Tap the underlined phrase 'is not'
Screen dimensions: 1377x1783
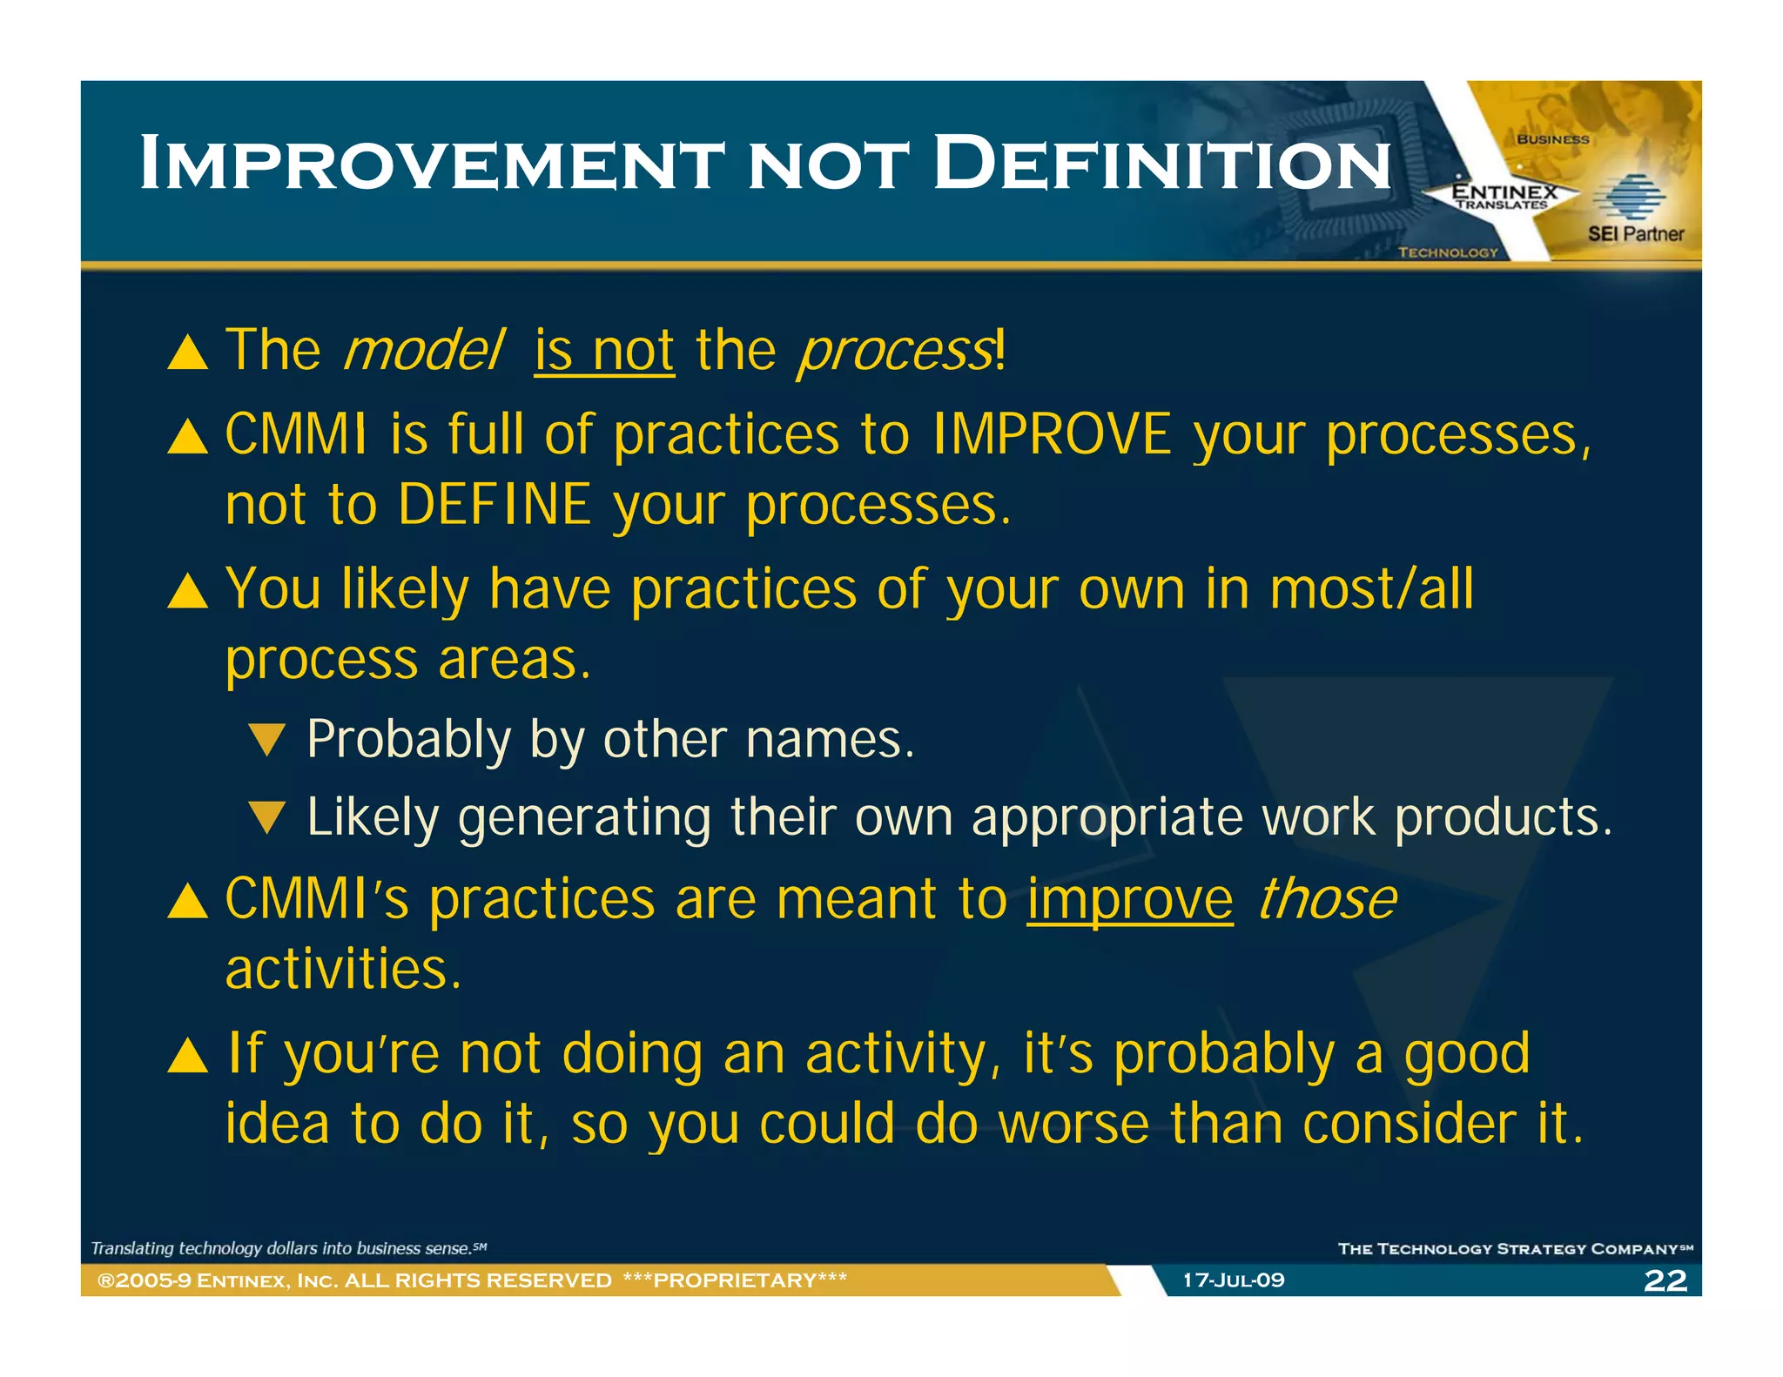(x=604, y=351)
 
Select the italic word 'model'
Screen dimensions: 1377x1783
(x=424, y=351)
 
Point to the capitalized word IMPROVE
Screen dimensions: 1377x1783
(x=1052, y=434)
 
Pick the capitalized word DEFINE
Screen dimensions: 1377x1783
(x=495, y=505)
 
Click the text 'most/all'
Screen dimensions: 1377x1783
(x=1371, y=589)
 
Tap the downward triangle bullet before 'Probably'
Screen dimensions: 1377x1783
(x=266, y=740)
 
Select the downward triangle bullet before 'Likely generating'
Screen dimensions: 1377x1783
(x=266, y=817)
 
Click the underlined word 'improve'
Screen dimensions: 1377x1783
(x=1129, y=900)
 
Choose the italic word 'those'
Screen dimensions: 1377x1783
(x=1327, y=900)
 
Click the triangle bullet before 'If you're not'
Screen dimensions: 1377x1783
(x=188, y=1055)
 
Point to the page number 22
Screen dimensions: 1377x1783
(x=1665, y=1280)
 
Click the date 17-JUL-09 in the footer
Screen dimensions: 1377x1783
(x=1233, y=1280)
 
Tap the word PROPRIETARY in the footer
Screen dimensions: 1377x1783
(x=735, y=1280)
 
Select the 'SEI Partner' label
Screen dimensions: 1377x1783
(x=1635, y=233)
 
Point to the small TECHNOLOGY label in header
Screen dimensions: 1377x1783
(x=1448, y=252)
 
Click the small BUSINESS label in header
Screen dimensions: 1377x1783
(x=1552, y=139)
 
